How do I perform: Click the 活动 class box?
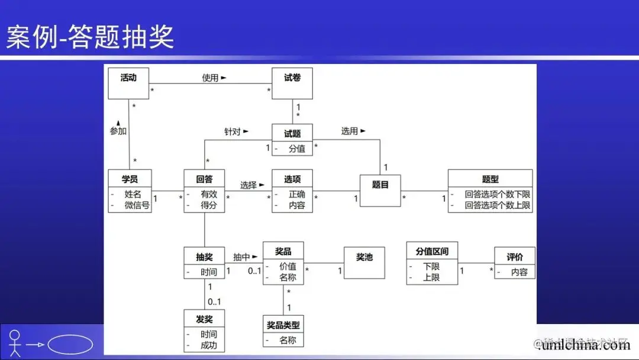pos(128,83)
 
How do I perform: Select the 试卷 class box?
pos(292,83)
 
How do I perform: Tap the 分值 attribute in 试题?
pos(296,149)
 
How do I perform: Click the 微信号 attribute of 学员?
pos(137,205)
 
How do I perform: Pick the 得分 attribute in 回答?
pos(209,205)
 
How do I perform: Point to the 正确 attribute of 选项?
pos(296,194)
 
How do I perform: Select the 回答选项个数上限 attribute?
pos(497,205)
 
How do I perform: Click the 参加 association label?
pos(118,131)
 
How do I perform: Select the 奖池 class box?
pos(364,262)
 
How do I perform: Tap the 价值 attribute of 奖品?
pos(288,266)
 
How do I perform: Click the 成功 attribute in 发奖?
pos(209,345)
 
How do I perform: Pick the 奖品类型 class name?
pos(283,325)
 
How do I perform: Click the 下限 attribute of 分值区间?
pos(431,266)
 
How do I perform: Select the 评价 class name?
pos(514,257)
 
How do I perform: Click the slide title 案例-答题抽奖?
pos(90,37)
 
